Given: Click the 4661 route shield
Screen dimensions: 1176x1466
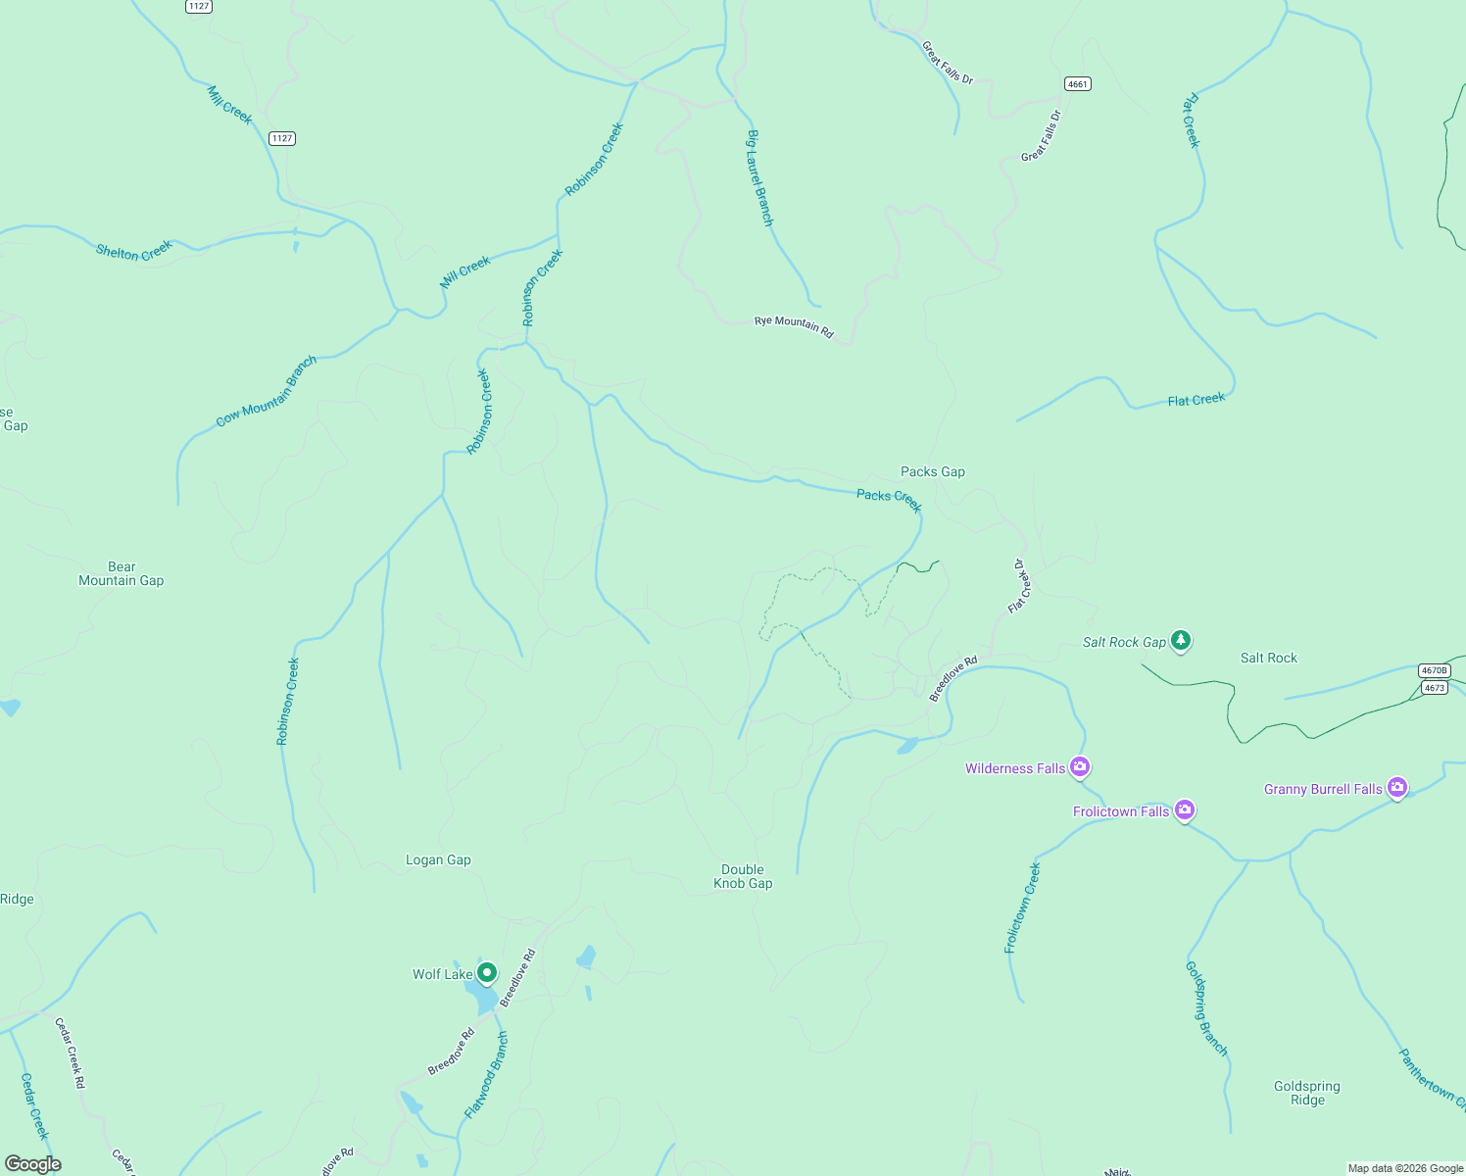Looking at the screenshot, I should [1078, 84].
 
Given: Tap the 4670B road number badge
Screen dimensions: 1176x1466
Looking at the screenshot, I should [1434, 670].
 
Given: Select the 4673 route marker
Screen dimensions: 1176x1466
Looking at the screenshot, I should [1435, 688].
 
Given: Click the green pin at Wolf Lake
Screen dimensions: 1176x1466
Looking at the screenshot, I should [487, 973].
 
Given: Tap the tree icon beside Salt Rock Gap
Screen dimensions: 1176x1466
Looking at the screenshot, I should [1182, 641].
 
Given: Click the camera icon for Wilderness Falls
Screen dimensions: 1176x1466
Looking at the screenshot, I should [1080, 766].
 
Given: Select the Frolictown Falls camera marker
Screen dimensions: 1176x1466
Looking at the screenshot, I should [1185, 809].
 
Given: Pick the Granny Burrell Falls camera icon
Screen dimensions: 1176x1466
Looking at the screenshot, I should [1397, 787].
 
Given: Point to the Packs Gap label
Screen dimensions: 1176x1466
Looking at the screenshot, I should [933, 471].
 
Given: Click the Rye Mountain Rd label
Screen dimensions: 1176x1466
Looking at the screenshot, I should [794, 326].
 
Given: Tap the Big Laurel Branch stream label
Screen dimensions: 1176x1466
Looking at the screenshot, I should [760, 177].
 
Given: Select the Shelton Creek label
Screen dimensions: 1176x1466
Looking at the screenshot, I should [134, 251].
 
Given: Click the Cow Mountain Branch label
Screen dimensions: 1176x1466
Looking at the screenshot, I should [267, 391].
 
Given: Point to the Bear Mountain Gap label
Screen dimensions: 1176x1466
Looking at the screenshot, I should [122, 573].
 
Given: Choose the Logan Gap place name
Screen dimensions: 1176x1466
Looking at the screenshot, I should [438, 859].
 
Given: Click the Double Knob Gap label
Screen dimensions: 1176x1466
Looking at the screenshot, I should [743, 876].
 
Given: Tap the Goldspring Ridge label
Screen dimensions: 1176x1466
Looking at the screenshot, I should [1307, 1093].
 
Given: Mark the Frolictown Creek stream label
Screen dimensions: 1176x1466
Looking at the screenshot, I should [1023, 907].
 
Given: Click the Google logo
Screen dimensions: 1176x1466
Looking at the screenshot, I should [33, 1164].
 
